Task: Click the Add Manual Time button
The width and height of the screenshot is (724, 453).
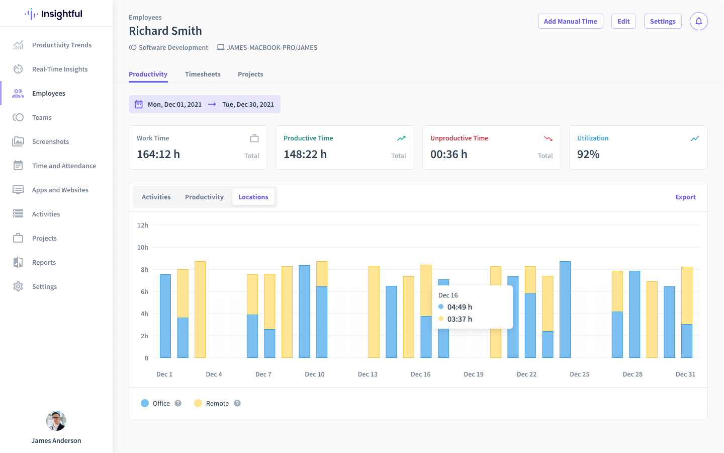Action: pos(570,21)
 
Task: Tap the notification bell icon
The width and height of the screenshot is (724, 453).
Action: pos(698,21)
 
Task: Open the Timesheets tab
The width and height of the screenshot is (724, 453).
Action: pos(203,74)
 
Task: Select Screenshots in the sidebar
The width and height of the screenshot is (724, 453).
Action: pos(50,141)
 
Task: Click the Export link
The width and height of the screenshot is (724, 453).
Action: pos(685,197)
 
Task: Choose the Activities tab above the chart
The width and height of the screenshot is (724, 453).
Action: pos(156,197)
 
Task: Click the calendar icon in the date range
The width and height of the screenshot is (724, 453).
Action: pos(139,104)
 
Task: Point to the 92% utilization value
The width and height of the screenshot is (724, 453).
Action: pos(588,155)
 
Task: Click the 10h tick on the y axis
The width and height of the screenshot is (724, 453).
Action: pos(143,247)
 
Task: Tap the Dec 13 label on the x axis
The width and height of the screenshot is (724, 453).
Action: pos(368,374)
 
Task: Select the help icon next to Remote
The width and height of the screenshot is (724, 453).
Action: pos(237,403)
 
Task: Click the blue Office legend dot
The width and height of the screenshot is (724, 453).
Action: pos(145,403)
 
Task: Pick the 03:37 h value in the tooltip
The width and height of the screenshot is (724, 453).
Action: pos(460,319)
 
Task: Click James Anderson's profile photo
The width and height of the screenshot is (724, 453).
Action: pos(56,421)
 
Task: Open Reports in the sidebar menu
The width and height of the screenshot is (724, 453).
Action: pos(44,262)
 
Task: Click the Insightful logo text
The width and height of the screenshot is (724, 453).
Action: pos(61,14)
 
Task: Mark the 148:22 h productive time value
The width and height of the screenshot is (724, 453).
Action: pos(305,155)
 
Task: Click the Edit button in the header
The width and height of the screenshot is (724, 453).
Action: pos(623,21)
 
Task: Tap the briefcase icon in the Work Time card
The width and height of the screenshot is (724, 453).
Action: pos(254,138)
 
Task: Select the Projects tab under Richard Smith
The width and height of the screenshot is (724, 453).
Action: pos(250,74)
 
